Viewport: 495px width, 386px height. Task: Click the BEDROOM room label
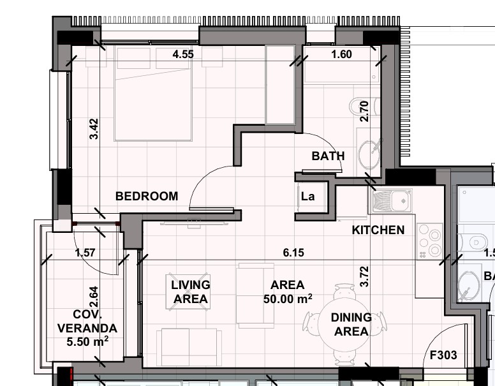pos(147,197)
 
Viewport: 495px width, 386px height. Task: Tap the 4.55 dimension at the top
pos(183,55)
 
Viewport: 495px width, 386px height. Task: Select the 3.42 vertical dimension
pos(94,128)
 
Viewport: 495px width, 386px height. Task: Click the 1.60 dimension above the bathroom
pos(341,55)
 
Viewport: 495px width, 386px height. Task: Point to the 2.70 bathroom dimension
pos(365,112)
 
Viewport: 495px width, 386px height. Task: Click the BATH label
pos(328,156)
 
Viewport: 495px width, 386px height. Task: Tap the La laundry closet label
pos(307,197)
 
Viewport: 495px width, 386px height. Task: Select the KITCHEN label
pos(378,230)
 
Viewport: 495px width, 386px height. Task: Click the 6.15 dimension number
pos(293,253)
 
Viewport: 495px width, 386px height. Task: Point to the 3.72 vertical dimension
pos(365,276)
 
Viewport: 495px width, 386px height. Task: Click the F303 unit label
pos(443,355)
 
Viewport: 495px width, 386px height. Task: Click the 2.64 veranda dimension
pos(94,298)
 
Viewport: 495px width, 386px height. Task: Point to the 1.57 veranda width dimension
pos(85,253)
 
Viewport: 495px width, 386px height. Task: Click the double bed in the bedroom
pos(153,93)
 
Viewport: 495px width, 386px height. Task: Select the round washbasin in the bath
pos(369,154)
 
